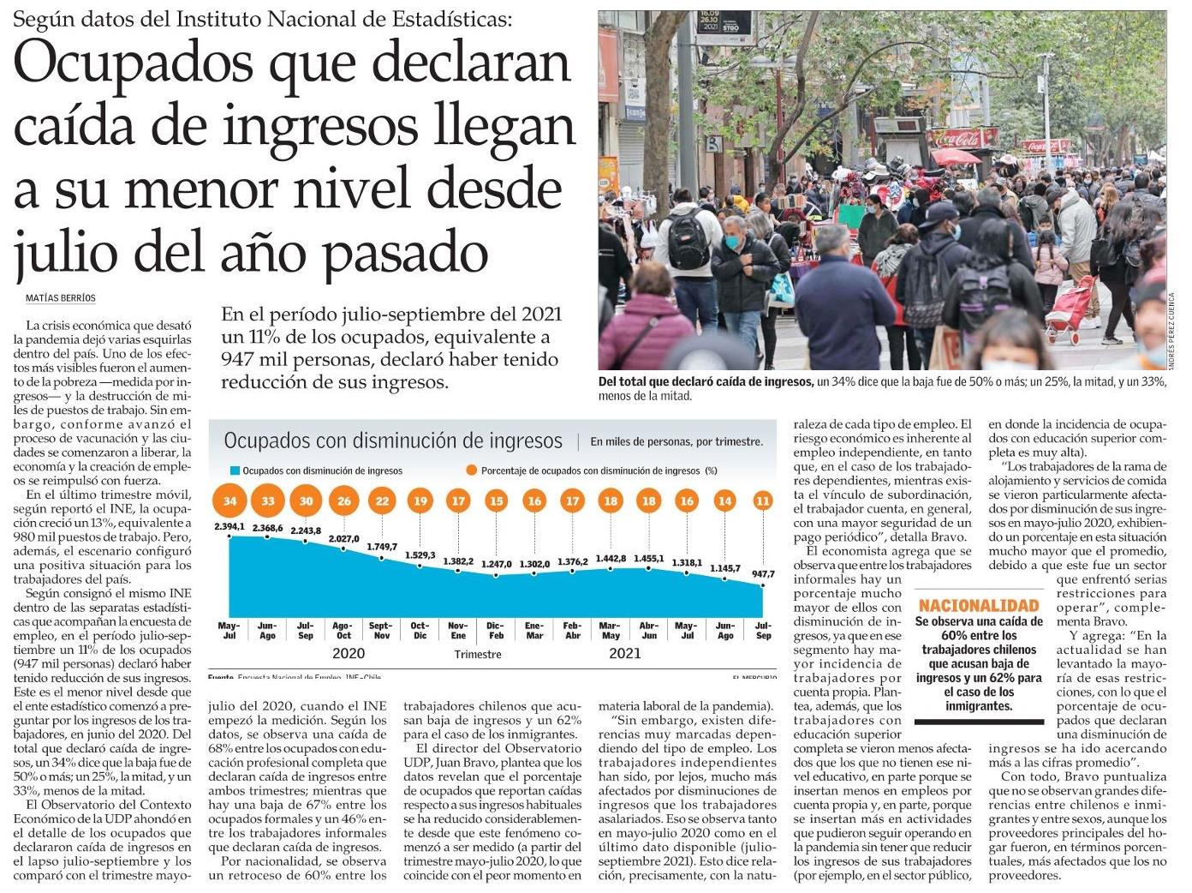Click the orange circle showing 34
(x=229, y=501)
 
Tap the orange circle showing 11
(x=763, y=501)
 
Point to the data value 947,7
(x=762, y=574)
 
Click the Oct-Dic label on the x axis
(x=420, y=631)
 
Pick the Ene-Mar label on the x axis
(x=534, y=631)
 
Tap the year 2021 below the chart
(x=625, y=654)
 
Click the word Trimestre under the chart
(x=478, y=655)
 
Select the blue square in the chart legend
(x=233, y=470)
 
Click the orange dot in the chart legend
(x=471, y=470)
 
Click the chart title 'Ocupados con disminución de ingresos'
(x=393, y=441)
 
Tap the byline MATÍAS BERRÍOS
(x=61, y=298)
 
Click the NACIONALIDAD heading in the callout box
(x=978, y=606)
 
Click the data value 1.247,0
(x=497, y=564)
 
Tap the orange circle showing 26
(x=344, y=501)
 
